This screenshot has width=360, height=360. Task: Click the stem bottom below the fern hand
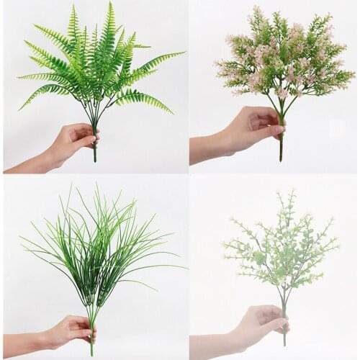tap(94, 158)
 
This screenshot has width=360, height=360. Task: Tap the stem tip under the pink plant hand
tap(281, 157)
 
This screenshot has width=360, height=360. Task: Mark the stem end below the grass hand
tap(91, 352)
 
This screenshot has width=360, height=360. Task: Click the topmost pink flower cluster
tap(257, 12)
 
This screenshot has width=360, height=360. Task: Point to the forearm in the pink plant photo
tap(209, 150)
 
